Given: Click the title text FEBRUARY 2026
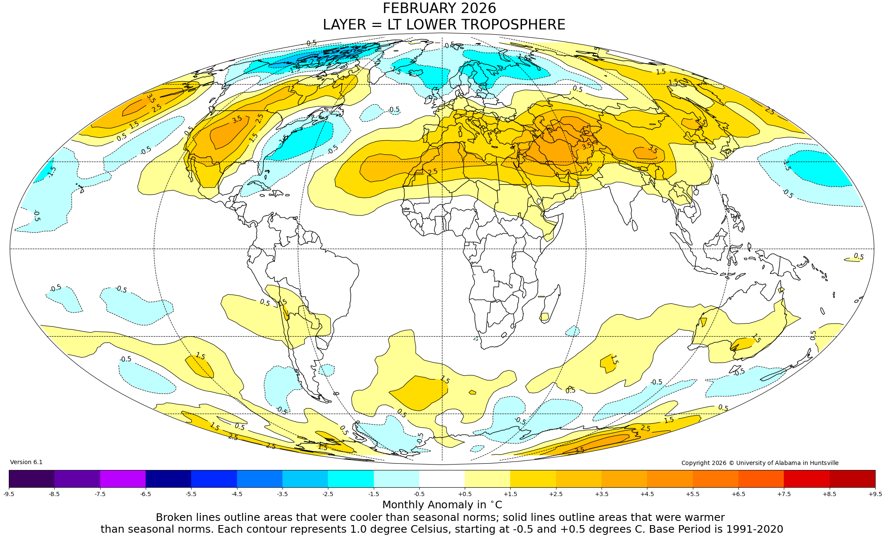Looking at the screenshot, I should pyautogui.click(x=439, y=8).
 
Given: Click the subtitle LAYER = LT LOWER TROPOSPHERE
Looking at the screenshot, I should pyautogui.click(x=444, y=25).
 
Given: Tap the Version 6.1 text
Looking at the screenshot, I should pyautogui.click(x=26, y=462).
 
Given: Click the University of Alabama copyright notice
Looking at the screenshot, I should pyautogui.click(x=759, y=463).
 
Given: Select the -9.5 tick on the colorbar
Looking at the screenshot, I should pyautogui.click(x=9, y=494).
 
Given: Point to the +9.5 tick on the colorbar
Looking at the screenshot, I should pyautogui.click(x=875, y=494).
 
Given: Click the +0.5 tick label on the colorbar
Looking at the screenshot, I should pyautogui.click(x=465, y=494).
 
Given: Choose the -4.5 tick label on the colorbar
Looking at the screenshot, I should pyautogui.click(x=237, y=494).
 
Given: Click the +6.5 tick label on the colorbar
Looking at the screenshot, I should pyautogui.click(x=738, y=494).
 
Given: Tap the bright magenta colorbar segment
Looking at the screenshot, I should pyautogui.click(x=122, y=478).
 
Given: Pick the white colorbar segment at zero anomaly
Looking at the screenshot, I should pyautogui.click(x=442, y=478).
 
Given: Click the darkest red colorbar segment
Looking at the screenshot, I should pyautogui.click(x=852, y=478).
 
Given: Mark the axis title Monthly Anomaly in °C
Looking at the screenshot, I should pyautogui.click(x=442, y=505).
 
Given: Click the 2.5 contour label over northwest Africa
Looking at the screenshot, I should pyautogui.click(x=432, y=172).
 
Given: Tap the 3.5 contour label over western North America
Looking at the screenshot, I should pyautogui.click(x=237, y=119).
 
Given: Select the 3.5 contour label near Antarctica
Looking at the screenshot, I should pyautogui.click(x=579, y=450).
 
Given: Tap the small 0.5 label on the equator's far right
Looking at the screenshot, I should pyautogui.click(x=858, y=256).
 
